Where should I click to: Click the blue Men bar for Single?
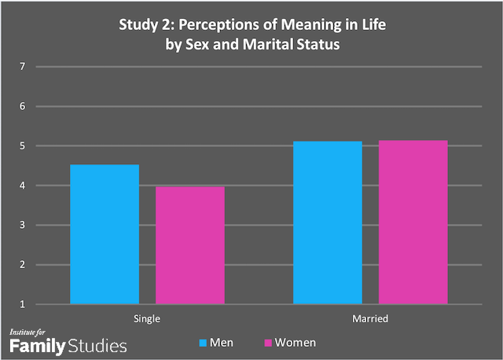pos(105,234)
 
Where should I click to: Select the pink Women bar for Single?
pos(189,245)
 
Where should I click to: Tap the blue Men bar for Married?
pos(328,222)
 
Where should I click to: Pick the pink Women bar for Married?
pos(413,222)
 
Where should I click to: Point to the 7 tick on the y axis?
pos(24,67)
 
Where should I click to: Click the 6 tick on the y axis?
pos(24,106)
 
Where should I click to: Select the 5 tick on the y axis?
pos(24,146)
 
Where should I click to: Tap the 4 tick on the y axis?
pos(24,186)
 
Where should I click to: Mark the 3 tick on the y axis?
pos(24,226)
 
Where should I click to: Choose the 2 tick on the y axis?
pos(24,265)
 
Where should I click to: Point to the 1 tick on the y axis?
pos(24,304)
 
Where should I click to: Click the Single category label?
pos(147,320)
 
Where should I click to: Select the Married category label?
pos(370,320)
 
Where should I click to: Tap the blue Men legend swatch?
pos(204,343)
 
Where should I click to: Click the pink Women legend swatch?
pos(267,343)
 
